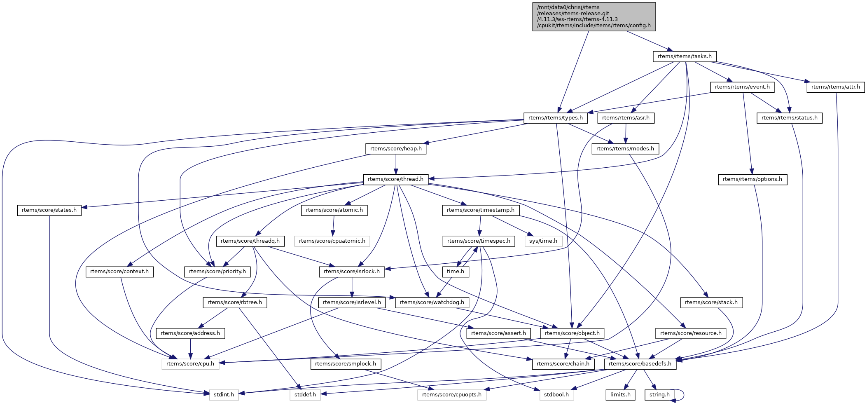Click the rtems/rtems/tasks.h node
tap(685, 56)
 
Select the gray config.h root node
tap(594, 16)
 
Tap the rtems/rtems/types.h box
tap(555, 118)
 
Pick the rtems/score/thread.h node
tap(395, 179)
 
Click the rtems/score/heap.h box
tap(396, 149)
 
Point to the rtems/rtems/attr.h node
tap(835, 87)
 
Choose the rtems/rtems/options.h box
tap(752, 179)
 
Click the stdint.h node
tap(224, 395)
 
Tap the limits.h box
tap(620, 395)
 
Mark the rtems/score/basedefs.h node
tap(640, 364)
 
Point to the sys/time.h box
tap(543, 241)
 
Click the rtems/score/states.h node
tap(49, 210)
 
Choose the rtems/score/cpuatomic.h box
tap(332, 241)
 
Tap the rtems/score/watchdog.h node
tap(432, 302)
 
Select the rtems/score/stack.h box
tap(711, 302)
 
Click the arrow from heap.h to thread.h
tap(396, 164)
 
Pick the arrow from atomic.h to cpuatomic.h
tap(333, 225)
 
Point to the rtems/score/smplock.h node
tap(346, 364)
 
